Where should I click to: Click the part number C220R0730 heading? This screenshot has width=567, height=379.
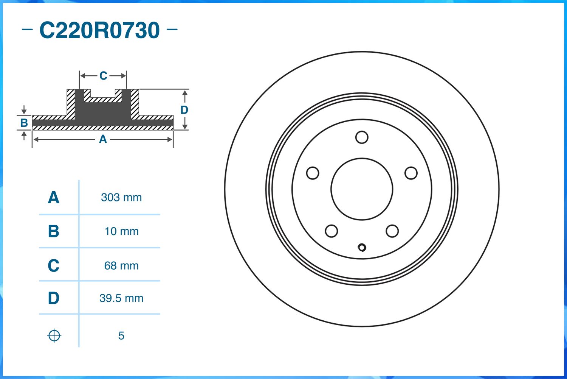pos(99,30)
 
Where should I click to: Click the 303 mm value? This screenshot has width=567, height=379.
pos(121,198)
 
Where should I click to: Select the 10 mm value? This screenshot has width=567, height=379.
pos(121,231)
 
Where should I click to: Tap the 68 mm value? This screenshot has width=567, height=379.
pos(121,266)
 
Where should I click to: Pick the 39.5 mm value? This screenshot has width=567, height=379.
pos(121,298)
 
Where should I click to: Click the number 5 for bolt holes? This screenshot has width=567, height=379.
pos(121,336)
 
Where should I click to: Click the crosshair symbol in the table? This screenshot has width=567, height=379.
pos(54,336)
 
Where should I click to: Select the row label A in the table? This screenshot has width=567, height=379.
pos(53,198)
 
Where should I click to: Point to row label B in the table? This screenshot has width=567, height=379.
pos(53,231)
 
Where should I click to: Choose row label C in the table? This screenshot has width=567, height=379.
pos(53,266)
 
